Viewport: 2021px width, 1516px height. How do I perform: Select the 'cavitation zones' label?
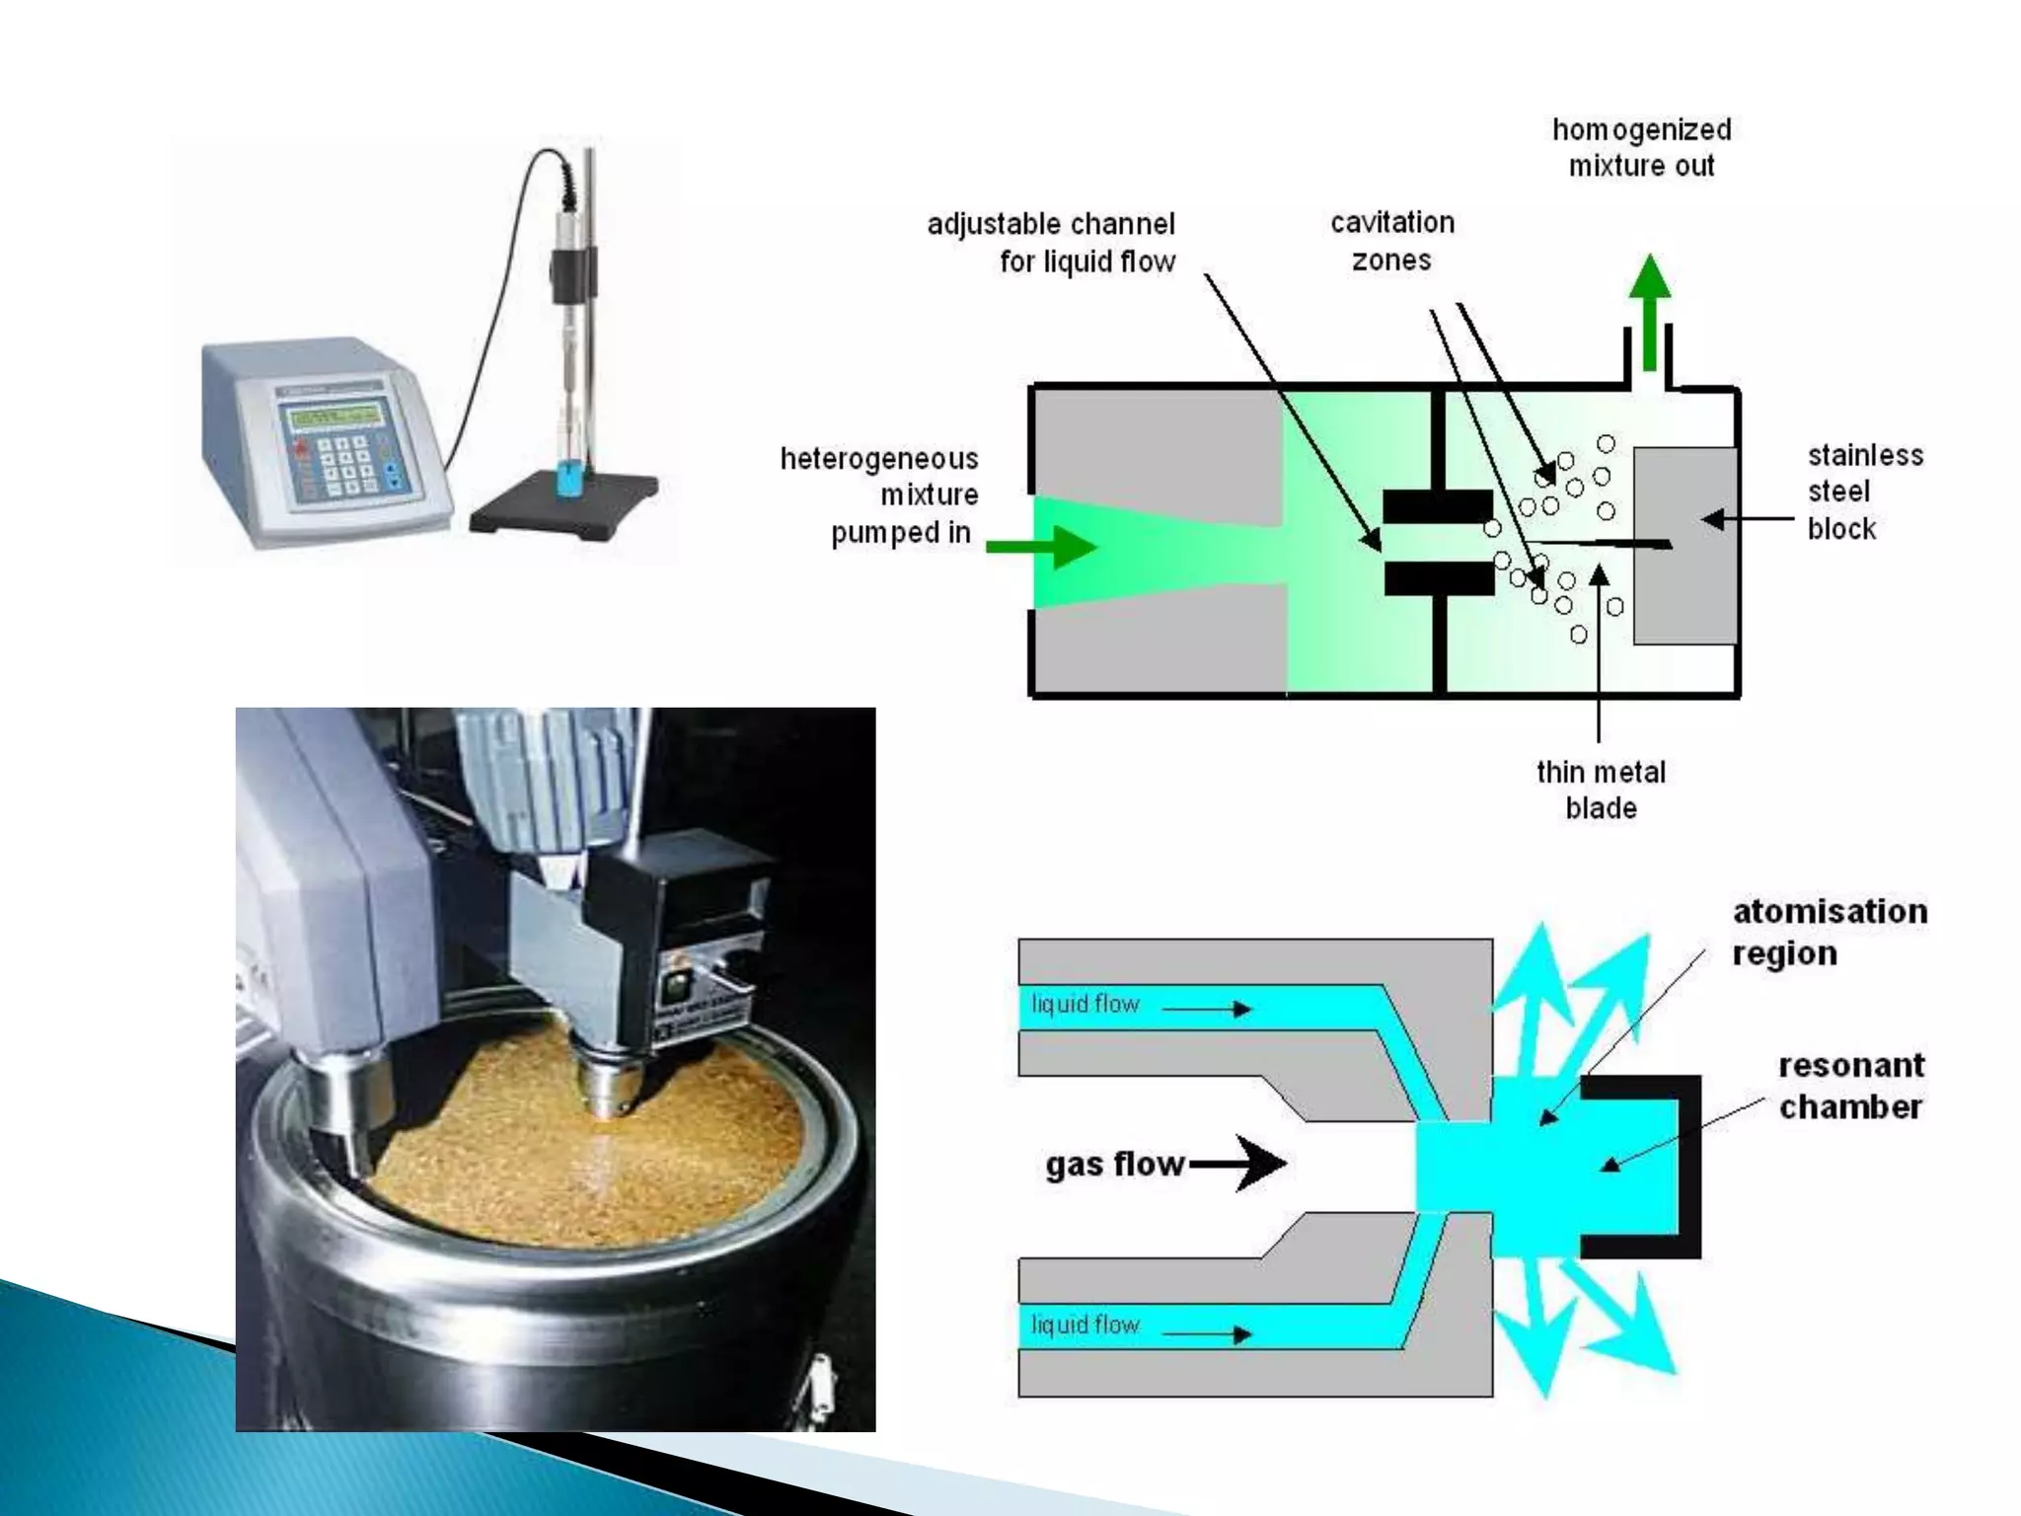pyautogui.click(x=1391, y=241)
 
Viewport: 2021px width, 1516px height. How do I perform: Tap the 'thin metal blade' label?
pyautogui.click(x=1600, y=790)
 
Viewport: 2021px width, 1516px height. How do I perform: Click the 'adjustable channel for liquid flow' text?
pyautogui.click(x=1052, y=242)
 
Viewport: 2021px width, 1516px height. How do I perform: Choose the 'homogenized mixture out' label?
pyautogui.click(x=1641, y=147)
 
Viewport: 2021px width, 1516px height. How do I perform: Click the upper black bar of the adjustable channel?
pyautogui.click(x=1437, y=506)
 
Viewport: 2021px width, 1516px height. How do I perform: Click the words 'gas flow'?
pyautogui.click(x=1114, y=1164)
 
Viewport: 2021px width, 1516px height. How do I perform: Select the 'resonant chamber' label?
pyautogui.click(x=1850, y=1086)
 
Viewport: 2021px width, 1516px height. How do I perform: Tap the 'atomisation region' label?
pyautogui.click(x=1829, y=931)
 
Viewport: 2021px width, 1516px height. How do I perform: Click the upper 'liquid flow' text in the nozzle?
pyautogui.click(x=1085, y=1005)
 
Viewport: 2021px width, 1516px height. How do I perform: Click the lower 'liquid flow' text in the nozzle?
pyautogui.click(x=1085, y=1325)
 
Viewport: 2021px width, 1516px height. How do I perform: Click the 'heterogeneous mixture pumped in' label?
pyautogui.click(x=879, y=495)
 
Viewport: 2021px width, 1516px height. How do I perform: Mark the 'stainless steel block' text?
pyautogui.click(x=1863, y=492)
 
